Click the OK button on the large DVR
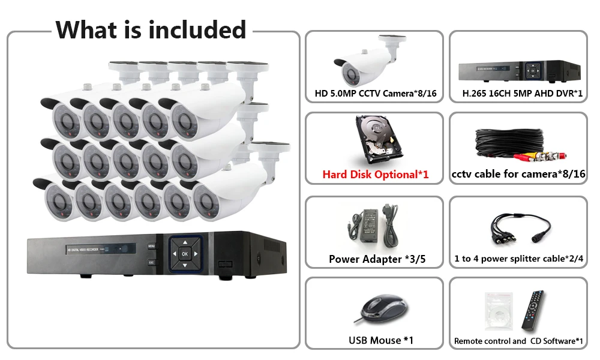(x=184, y=253)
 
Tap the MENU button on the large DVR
(x=152, y=246)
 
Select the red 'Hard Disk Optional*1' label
(x=376, y=175)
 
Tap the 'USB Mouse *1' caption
(x=381, y=340)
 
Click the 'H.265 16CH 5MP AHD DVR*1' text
(x=522, y=94)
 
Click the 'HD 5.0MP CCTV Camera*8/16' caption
(x=375, y=94)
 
